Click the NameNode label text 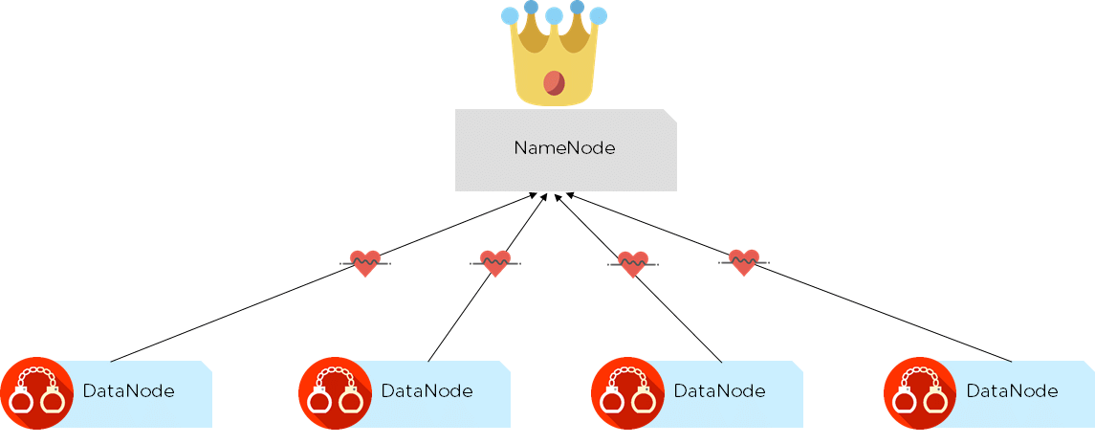[x=564, y=148]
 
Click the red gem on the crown [x=554, y=83]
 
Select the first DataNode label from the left [x=129, y=391]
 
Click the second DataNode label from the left [x=427, y=391]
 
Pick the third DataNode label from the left [x=719, y=391]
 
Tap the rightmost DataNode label [x=1012, y=391]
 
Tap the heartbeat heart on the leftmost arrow [x=364, y=262]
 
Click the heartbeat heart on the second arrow [x=494, y=262]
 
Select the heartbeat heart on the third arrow [x=632, y=263]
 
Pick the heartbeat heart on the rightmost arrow [x=744, y=261]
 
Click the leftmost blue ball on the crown [x=511, y=15]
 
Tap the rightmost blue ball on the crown [x=598, y=15]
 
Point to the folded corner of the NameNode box [x=670, y=115]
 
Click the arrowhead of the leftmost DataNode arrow [x=536, y=195]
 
